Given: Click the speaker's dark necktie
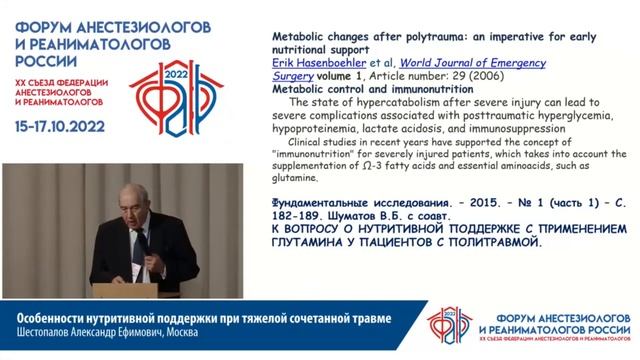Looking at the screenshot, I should (141, 245).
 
